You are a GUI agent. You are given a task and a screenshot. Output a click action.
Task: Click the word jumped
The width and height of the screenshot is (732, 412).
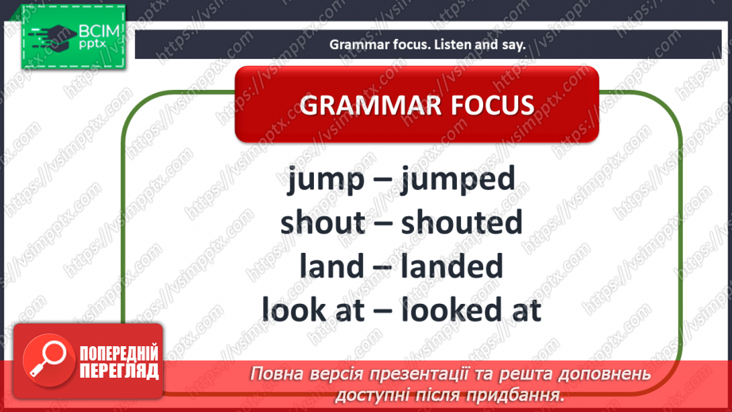click(458, 180)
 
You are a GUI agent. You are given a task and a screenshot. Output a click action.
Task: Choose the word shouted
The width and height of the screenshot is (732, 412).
click(462, 222)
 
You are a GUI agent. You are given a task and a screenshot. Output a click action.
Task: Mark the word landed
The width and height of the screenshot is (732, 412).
click(451, 265)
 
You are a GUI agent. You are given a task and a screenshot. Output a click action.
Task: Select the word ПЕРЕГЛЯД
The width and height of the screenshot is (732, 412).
click(118, 371)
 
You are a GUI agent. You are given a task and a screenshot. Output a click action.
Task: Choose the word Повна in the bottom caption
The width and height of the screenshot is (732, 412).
click(273, 375)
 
